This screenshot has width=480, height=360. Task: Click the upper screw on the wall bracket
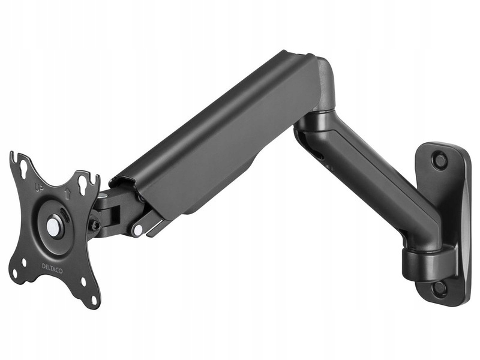point(440,161)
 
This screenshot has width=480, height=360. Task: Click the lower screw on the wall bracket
point(439,287)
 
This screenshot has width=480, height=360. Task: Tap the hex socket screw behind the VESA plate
point(95,225)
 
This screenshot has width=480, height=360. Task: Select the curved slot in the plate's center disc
point(65,217)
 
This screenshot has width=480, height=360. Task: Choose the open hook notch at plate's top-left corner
point(13,157)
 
